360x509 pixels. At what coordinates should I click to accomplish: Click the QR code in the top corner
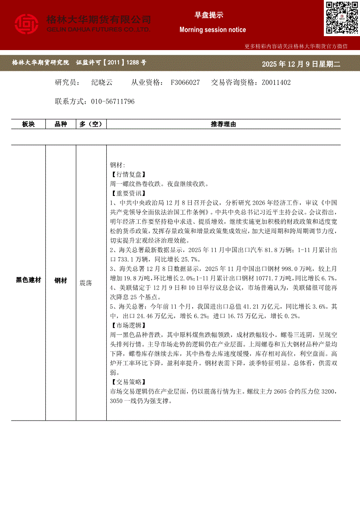tap(342, 18)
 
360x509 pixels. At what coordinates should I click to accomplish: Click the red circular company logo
tap(27, 24)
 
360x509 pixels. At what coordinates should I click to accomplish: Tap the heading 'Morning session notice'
tap(213, 30)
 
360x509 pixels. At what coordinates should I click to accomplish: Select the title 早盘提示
tap(209, 15)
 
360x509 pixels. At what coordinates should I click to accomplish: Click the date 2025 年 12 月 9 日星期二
tap(301, 64)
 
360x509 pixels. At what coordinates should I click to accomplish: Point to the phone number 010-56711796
tap(113, 101)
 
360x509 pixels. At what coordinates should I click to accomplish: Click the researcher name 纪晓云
tap(102, 82)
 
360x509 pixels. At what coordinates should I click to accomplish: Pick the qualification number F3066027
tap(186, 82)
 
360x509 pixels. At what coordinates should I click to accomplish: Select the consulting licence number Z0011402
tap(276, 82)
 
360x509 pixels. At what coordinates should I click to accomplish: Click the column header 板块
tap(28, 125)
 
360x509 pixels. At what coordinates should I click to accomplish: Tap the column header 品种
tap(61, 125)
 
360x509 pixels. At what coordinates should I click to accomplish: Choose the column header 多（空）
tap(91, 125)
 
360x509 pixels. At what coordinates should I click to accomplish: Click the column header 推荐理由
tap(223, 125)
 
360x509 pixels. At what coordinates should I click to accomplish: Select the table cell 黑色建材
tap(28, 280)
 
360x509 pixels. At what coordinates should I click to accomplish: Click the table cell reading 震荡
tap(85, 283)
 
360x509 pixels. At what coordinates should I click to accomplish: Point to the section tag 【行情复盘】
tap(126, 174)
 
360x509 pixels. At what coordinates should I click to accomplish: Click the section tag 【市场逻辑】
tap(126, 325)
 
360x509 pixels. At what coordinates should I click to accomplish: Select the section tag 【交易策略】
tap(126, 381)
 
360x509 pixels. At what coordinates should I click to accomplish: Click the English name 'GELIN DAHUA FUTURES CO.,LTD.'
tap(98, 29)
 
